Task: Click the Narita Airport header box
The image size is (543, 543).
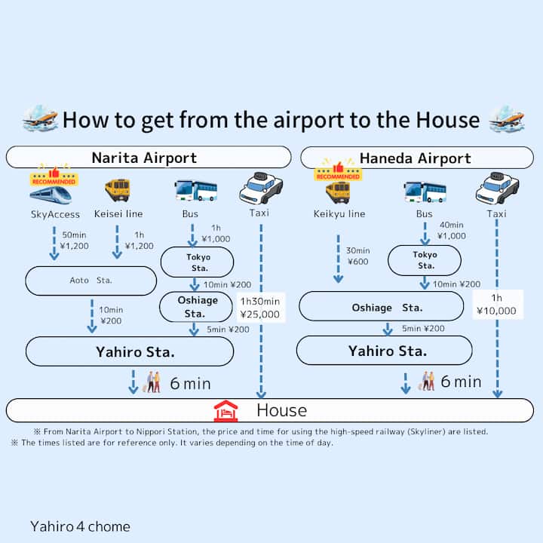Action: pyautogui.click(x=148, y=158)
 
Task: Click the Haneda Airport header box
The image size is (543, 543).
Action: pyautogui.click(x=416, y=158)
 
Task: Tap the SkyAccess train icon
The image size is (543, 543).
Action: pyautogui.click(x=51, y=194)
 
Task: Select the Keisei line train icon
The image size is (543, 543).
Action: pyautogui.click(x=117, y=190)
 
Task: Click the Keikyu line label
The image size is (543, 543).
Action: pyautogui.click(x=339, y=214)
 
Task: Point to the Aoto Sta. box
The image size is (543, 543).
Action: pyautogui.click(x=90, y=281)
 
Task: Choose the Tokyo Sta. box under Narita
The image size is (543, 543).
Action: pyautogui.click(x=198, y=262)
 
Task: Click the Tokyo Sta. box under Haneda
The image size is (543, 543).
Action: pyautogui.click(x=425, y=261)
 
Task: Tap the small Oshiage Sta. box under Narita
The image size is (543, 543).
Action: pyautogui.click(x=198, y=306)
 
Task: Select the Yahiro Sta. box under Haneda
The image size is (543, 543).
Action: pyautogui.click(x=384, y=351)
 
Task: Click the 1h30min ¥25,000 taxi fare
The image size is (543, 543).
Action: pyautogui.click(x=260, y=308)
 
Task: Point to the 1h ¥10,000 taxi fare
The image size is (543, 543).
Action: pyautogui.click(x=497, y=304)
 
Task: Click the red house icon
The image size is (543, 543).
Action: pyautogui.click(x=225, y=411)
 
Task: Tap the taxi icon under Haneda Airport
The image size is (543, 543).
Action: pyautogui.click(x=497, y=189)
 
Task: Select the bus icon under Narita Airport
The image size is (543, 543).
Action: pyautogui.click(x=195, y=190)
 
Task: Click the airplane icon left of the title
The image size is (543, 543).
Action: pyautogui.click(x=40, y=118)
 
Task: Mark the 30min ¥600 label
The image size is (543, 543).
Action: pyautogui.click(x=358, y=256)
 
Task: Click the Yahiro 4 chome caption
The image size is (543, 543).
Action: pyautogui.click(x=80, y=526)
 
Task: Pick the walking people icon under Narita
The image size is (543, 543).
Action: pyautogui.click(x=153, y=382)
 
